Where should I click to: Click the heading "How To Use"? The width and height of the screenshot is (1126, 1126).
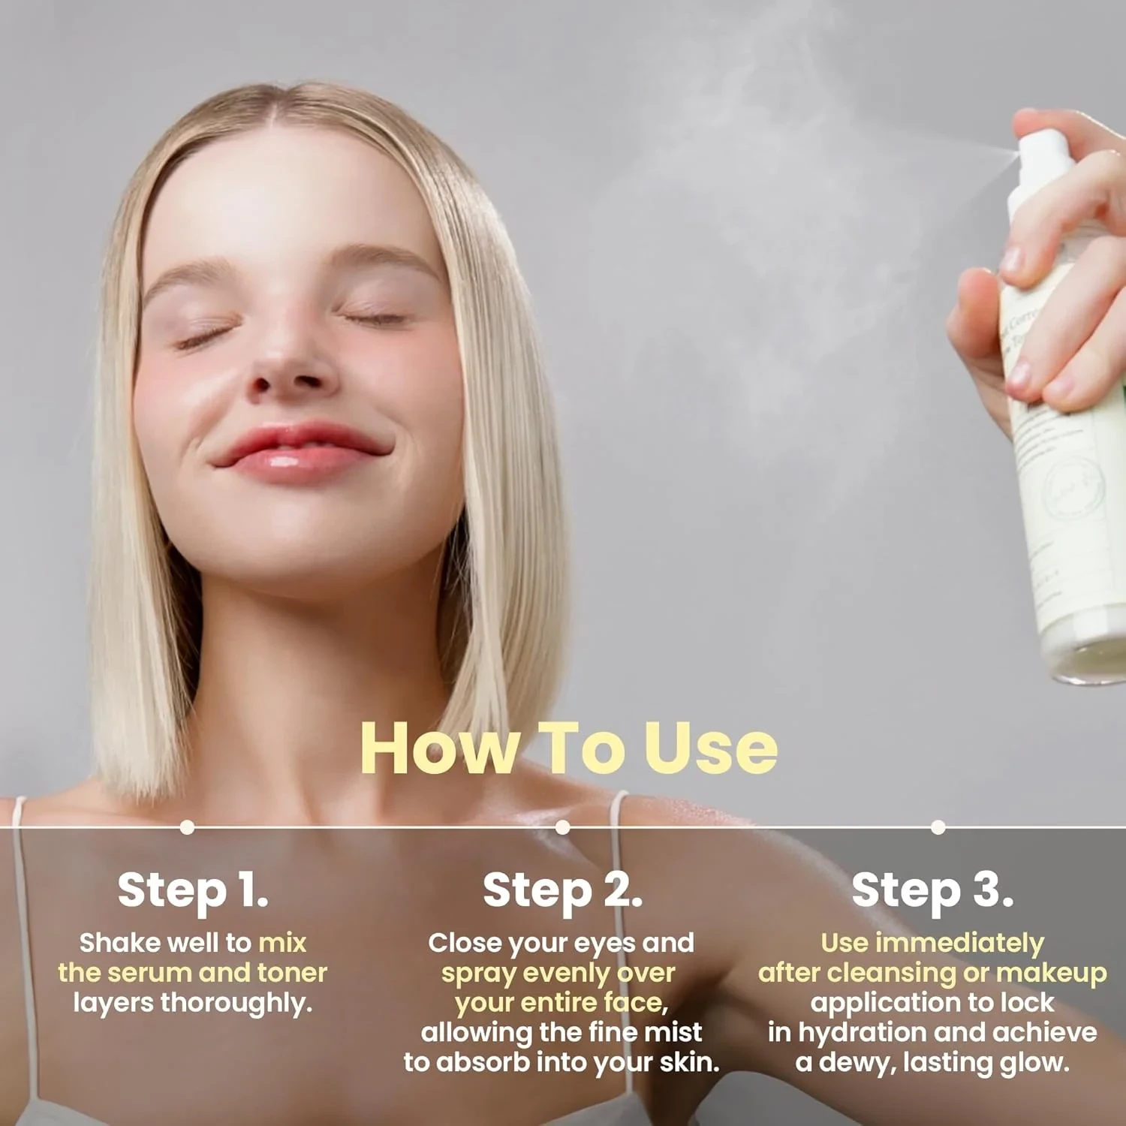pos(568,748)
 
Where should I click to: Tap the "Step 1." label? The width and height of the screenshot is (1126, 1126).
pos(192,890)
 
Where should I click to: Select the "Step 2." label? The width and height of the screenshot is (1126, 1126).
pos(562,890)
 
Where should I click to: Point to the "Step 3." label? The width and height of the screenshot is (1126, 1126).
pos(932,890)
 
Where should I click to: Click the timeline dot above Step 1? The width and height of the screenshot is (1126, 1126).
pos(188,827)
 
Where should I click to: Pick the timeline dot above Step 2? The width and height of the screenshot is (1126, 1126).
pos(562,827)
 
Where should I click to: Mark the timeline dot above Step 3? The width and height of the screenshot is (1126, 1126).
pos(938,827)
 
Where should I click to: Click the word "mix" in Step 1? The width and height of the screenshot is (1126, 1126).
pos(282,943)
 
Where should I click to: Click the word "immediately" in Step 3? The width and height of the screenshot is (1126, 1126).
pos(959,944)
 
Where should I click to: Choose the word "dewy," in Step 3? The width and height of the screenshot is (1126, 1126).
pos(858,1063)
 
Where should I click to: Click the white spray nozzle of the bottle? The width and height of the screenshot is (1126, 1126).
pos(1040,158)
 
